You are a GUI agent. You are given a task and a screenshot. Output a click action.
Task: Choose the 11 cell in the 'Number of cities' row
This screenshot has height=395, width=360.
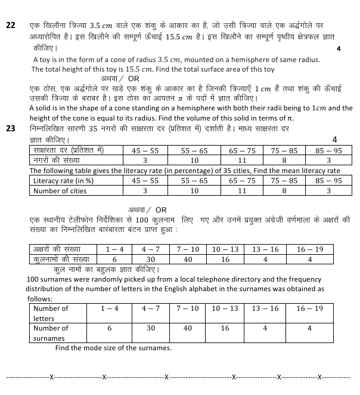point(242,191)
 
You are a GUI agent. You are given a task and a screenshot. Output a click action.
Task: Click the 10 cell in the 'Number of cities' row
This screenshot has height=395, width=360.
point(194,191)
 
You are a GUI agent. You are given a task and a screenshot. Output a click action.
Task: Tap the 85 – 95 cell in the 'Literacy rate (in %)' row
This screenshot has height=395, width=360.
point(329,180)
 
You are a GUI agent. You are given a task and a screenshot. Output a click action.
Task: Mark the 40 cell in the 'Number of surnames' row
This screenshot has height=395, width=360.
point(188,328)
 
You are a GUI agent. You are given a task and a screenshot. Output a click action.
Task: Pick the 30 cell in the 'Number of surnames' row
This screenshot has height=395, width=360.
point(151,328)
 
